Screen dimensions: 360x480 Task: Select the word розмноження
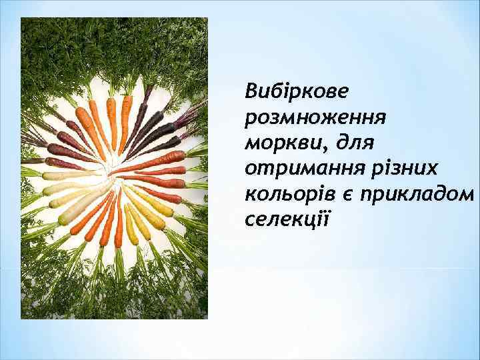click(315, 117)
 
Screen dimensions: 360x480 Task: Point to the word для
click(354, 142)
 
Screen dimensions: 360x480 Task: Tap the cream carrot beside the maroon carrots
click(61, 175)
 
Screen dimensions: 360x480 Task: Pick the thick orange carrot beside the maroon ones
click(87, 125)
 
